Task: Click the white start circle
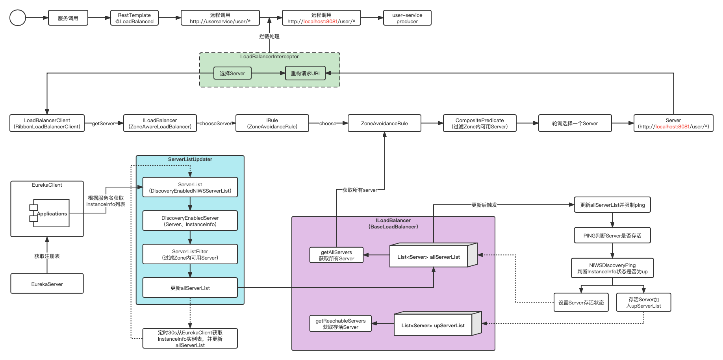[x=18, y=18]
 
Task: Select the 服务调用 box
[x=68, y=18]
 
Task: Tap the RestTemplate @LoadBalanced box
[x=134, y=18]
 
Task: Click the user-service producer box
[x=407, y=18]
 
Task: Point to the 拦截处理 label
[x=269, y=36]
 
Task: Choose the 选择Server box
[x=232, y=73]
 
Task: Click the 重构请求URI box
[x=305, y=73]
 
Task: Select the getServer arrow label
[x=103, y=123]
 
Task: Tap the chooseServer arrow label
[x=215, y=123]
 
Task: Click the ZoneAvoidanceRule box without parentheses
[x=384, y=123]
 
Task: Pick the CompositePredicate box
[x=480, y=123]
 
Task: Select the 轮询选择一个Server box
[x=575, y=123]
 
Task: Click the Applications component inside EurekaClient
[x=51, y=213]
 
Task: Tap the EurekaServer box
[x=47, y=284]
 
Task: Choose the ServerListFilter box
[x=190, y=254]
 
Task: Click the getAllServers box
[x=336, y=255]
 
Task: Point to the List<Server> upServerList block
[x=433, y=325]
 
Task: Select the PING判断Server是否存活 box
[x=612, y=236]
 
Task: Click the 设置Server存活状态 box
[x=581, y=302]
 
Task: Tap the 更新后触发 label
[x=484, y=205]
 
